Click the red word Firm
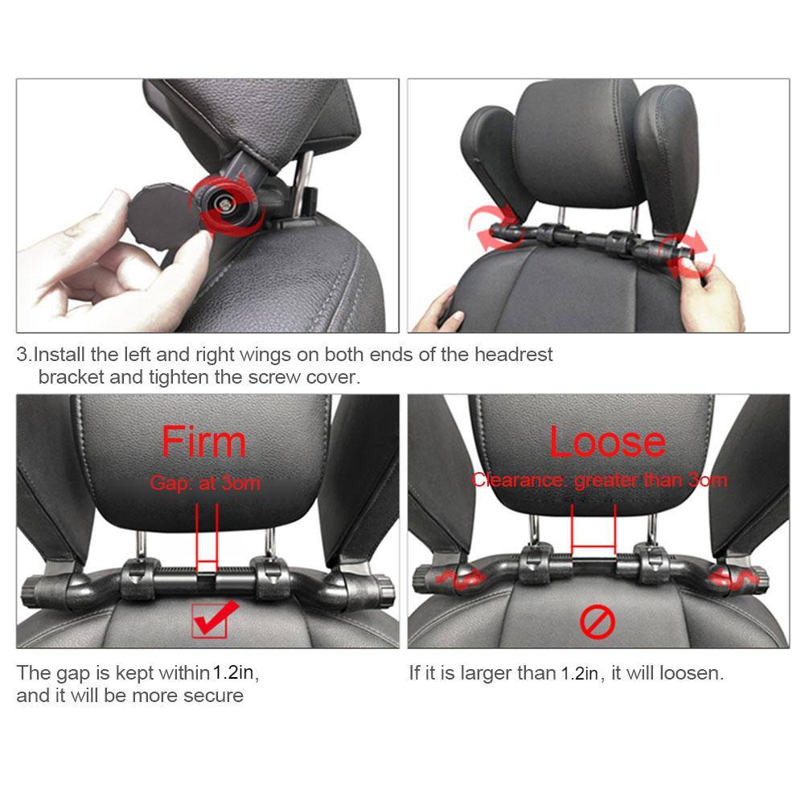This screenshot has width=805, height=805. tap(203, 442)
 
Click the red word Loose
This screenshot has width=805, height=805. tap(607, 442)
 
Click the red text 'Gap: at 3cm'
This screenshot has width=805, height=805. tap(205, 483)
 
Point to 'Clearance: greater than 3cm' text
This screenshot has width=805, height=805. tap(600, 480)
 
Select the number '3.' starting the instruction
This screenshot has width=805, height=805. tap(24, 355)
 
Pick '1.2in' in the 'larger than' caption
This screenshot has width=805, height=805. tap(580, 673)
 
